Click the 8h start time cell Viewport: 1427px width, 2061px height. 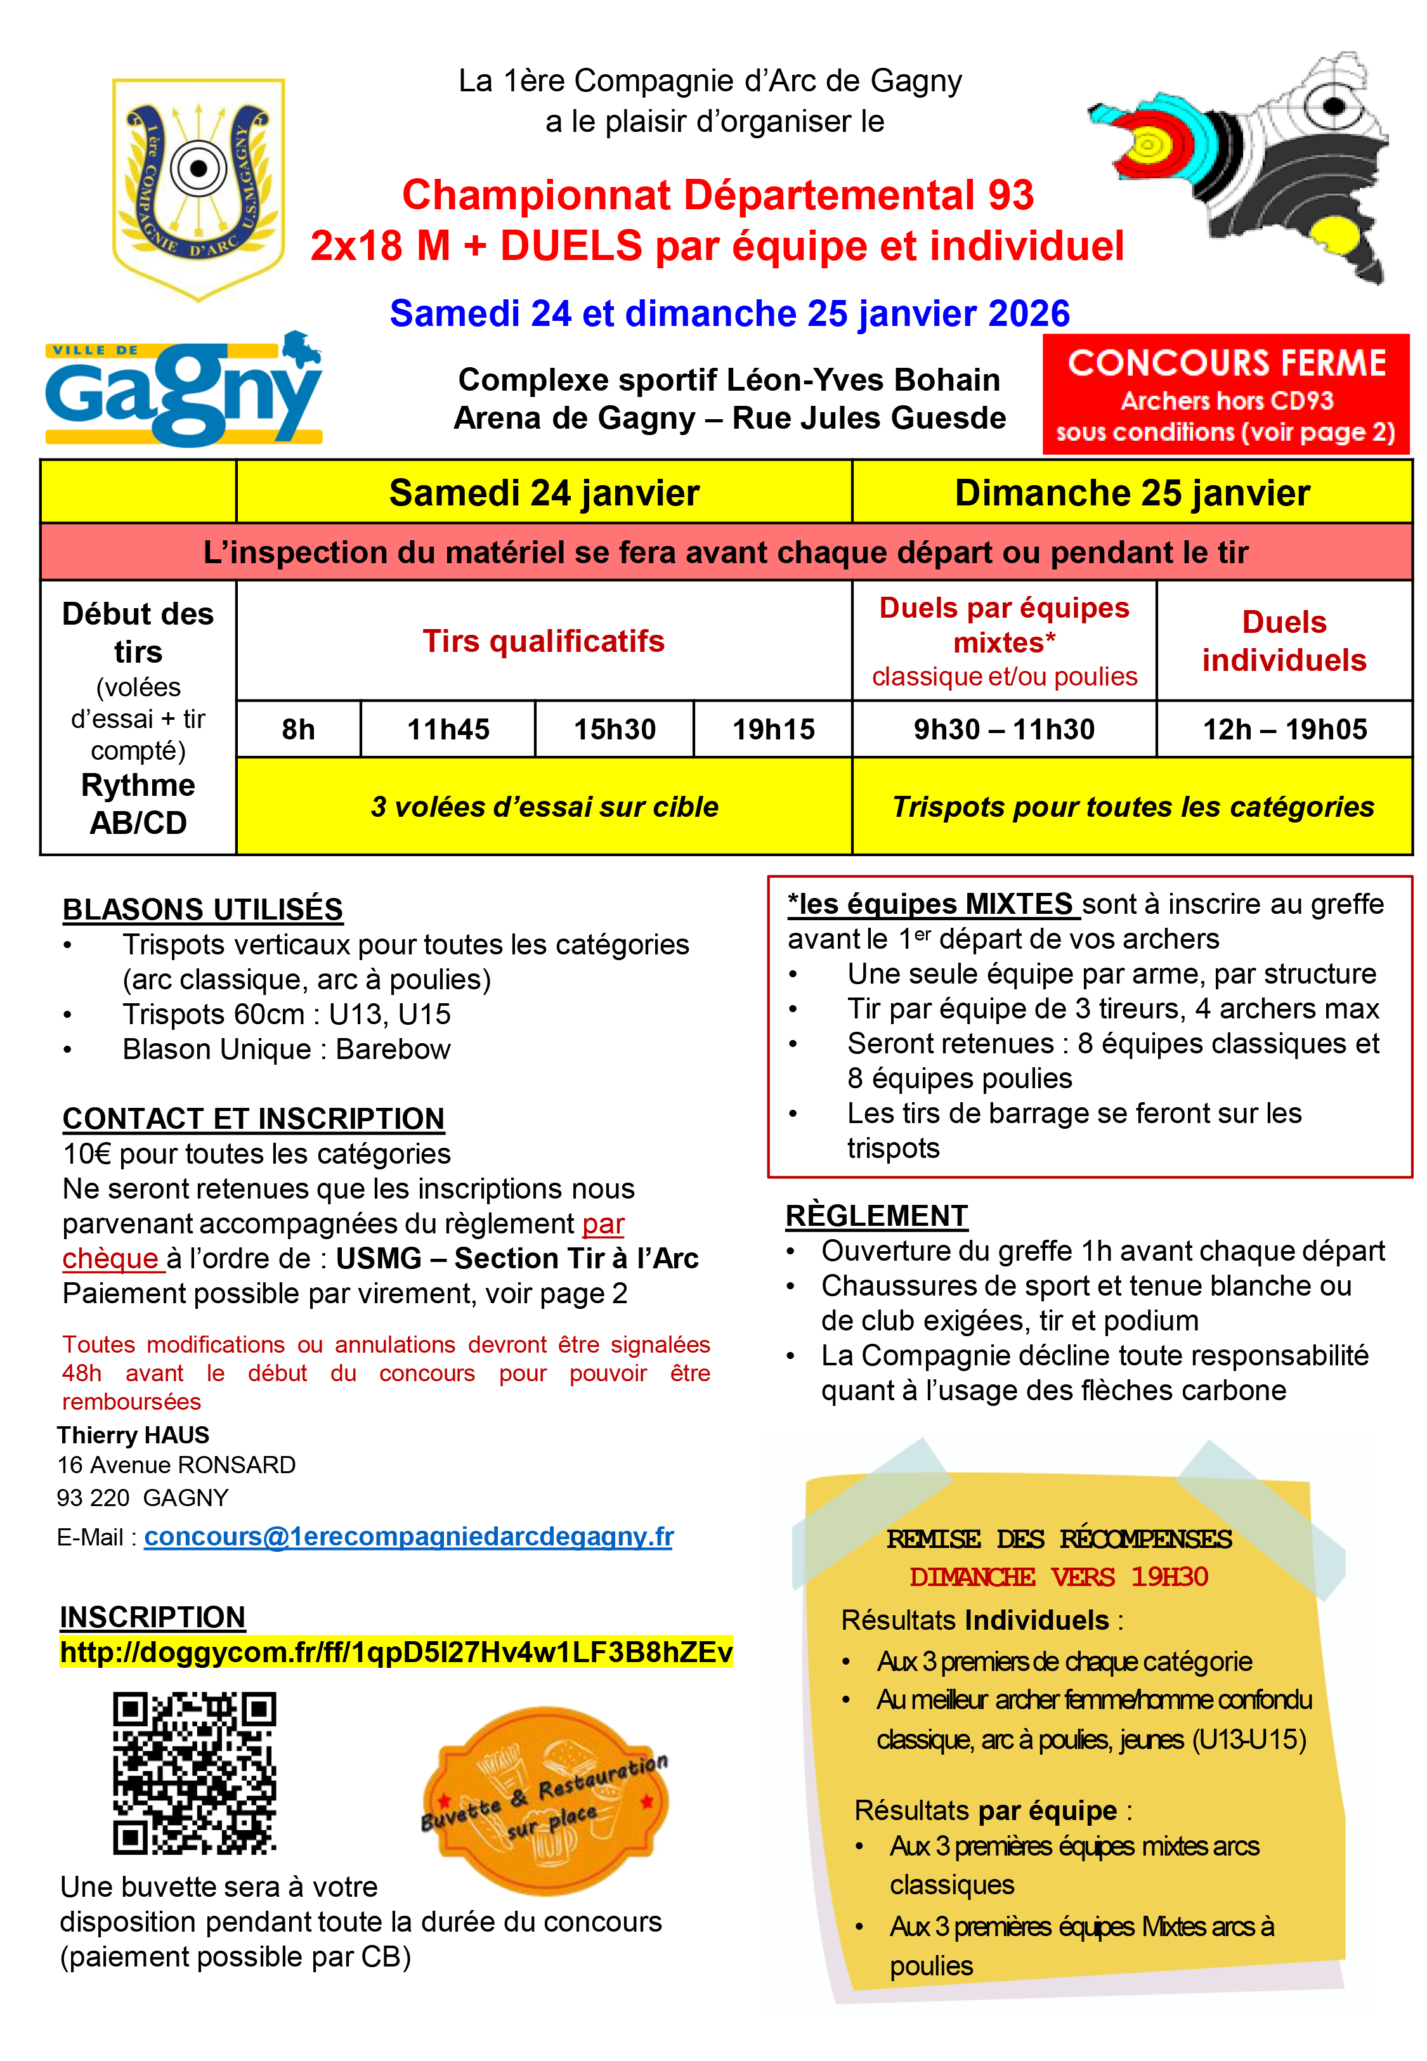click(x=299, y=729)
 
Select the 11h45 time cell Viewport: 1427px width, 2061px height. click(x=448, y=729)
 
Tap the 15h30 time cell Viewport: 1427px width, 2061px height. click(x=615, y=729)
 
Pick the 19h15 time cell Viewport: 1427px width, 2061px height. click(x=773, y=729)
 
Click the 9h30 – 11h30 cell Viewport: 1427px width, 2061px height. click(x=1003, y=729)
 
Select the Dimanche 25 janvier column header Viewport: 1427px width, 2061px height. click(x=1132, y=493)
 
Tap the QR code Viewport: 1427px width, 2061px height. click(x=194, y=1772)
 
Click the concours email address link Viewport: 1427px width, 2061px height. click(x=408, y=1537)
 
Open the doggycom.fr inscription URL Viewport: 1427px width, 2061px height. click(x=396, y=1652)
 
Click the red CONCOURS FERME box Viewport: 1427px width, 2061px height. click(x=1226, y=394)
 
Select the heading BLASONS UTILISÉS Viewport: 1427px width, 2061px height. click(x=203, y=909)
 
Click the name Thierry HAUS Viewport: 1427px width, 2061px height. click(x=133, y=1434)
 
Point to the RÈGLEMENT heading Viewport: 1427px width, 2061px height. click(x=876, y=1216)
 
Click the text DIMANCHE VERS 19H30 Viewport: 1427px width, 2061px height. click(x=1059, y=1577)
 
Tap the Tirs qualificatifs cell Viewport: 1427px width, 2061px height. click(x=544, y=641)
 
